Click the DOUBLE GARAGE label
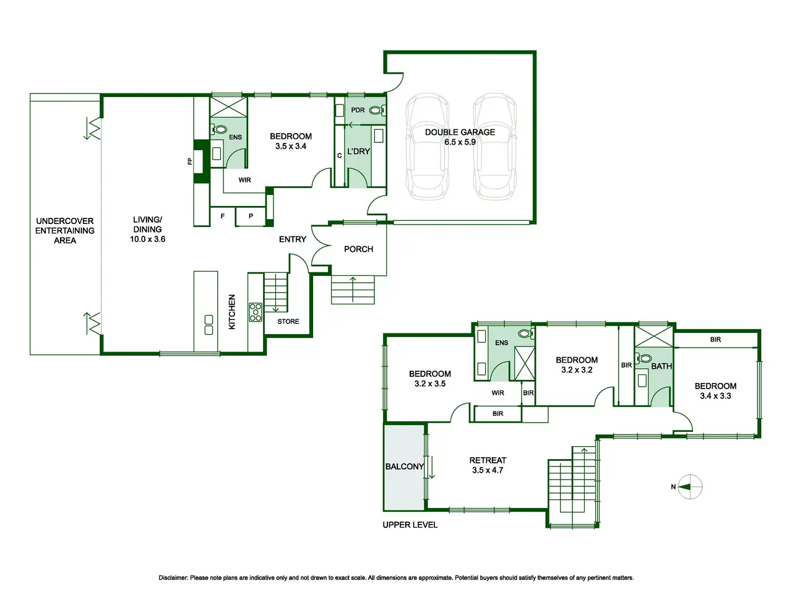click(460, 132)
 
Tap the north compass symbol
click(689, 487)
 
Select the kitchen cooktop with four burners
click(256, 312)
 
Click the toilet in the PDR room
click(377, 110)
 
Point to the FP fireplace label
click(190, 161)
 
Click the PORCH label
click(358, 249)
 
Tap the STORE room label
click(288, 321)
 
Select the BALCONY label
click(405, 467)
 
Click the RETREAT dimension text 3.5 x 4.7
click(488, 470)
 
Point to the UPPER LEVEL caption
click(410, 525)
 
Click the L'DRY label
click(358, 152)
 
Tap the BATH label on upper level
click(661, 366)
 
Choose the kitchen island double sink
click(209, 325)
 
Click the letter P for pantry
click(251, 216)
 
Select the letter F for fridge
click(223, 216)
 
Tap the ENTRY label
click(292, 239)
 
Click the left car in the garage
click(427, 146)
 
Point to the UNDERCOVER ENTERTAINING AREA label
click(65, 231)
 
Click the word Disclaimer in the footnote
click(173, 578)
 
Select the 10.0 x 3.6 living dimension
click(148, 239)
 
